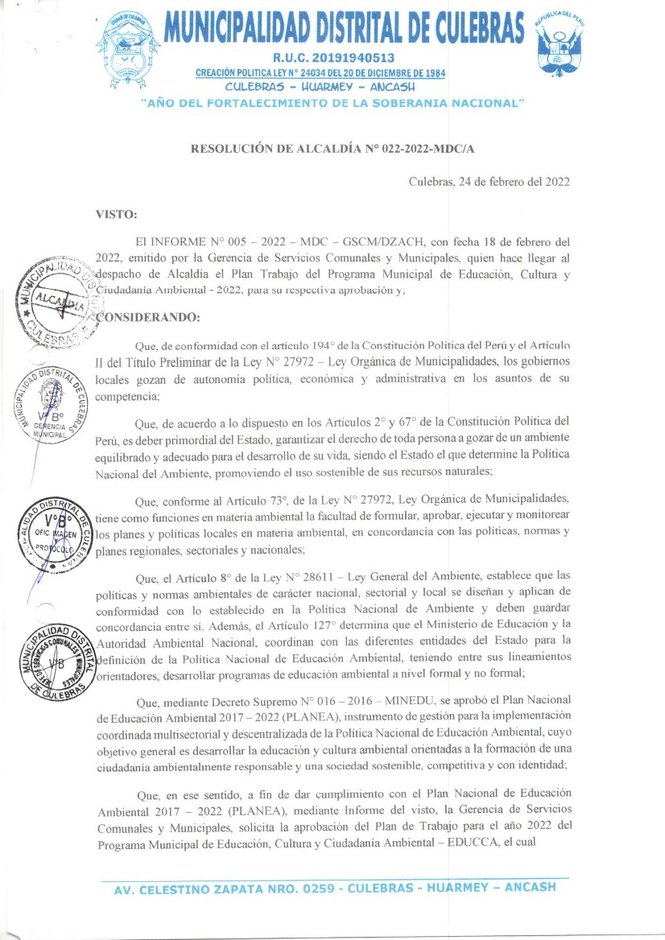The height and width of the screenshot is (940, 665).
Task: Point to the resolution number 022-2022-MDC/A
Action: pos(417,149)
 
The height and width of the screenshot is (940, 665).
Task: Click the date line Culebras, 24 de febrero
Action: pos(489,182)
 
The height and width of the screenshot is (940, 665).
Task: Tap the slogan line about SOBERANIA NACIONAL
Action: pos(332,103)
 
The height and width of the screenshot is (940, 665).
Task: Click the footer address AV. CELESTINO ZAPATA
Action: pos(335,888)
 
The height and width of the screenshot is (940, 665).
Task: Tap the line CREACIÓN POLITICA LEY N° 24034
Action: pos(321,73)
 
